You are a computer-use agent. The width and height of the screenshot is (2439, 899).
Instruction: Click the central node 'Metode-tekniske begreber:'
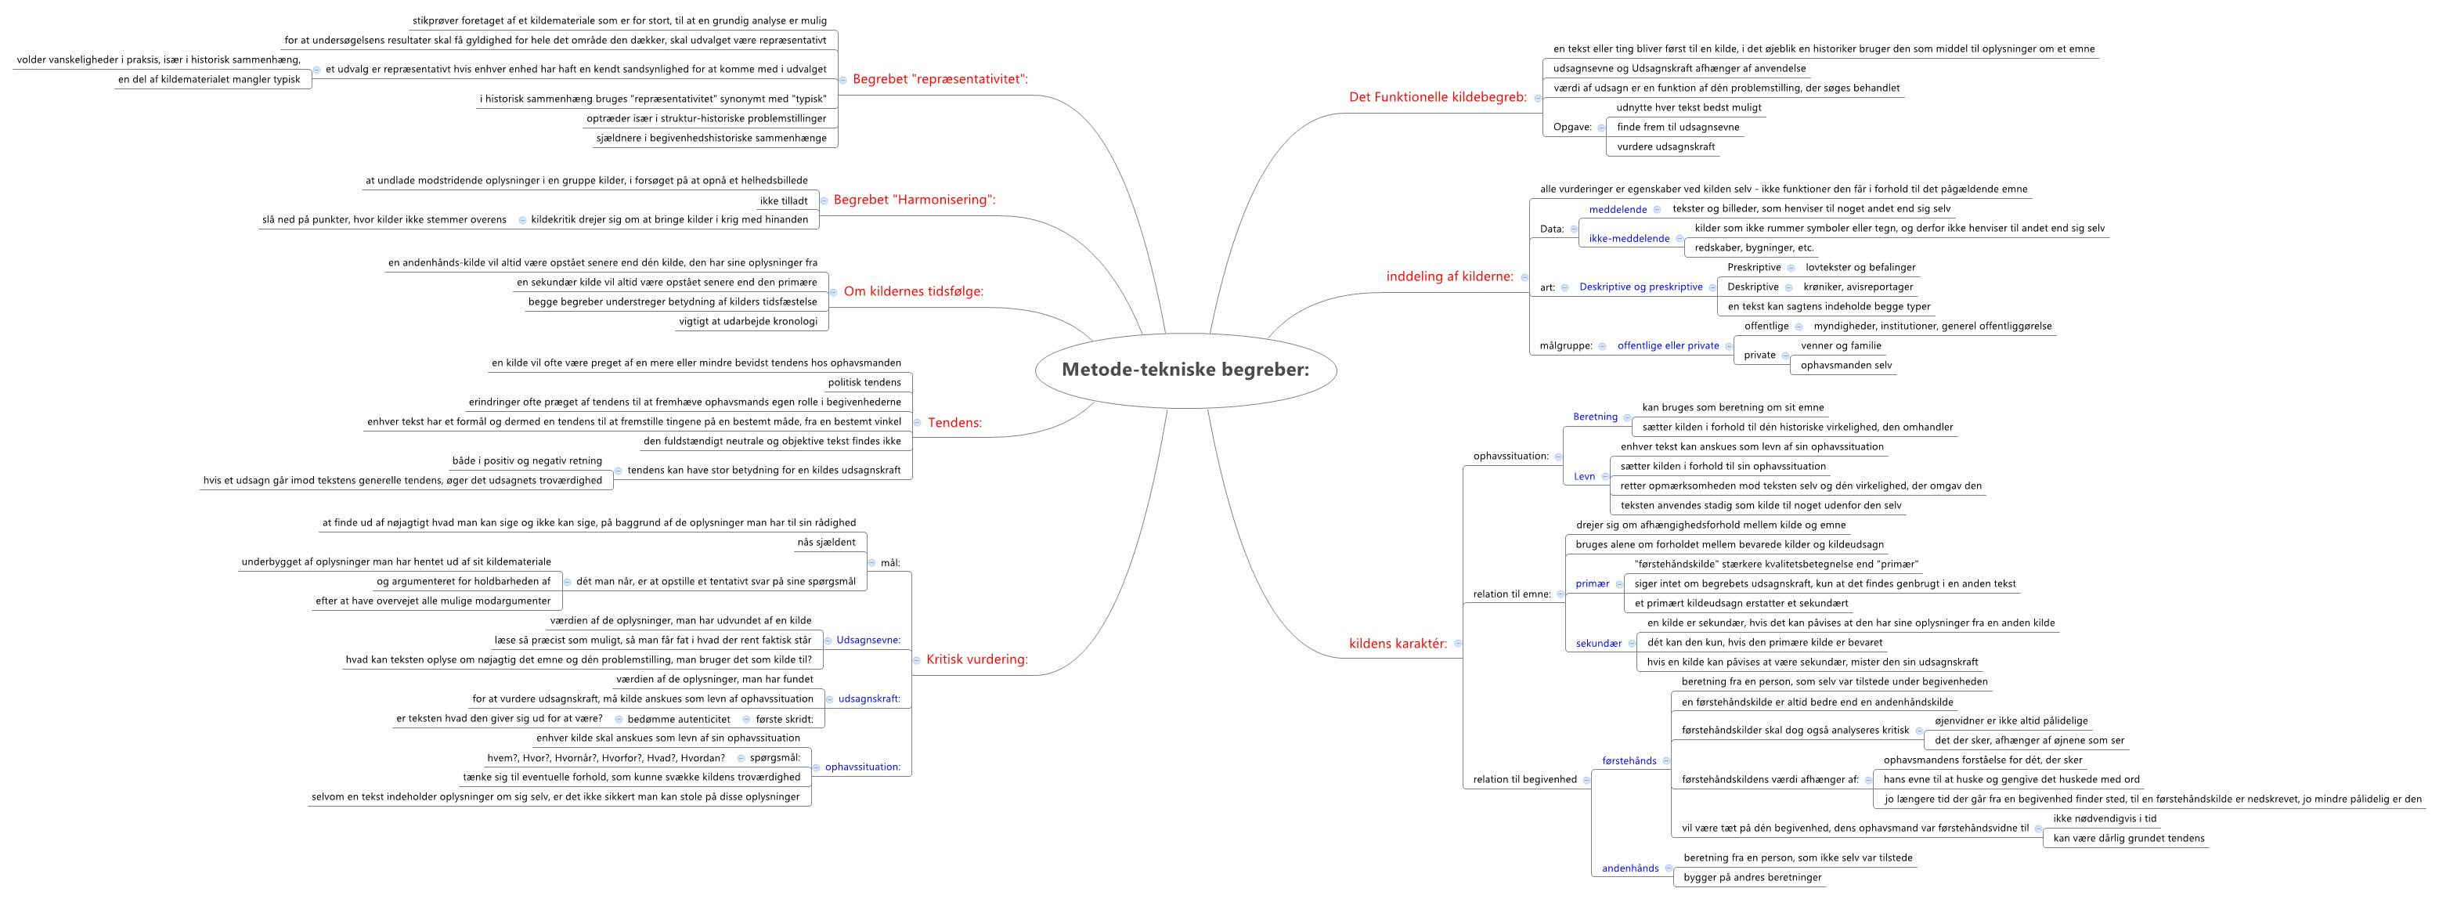pos(1185,370)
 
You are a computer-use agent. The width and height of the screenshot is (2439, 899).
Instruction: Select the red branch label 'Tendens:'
pos(954,423)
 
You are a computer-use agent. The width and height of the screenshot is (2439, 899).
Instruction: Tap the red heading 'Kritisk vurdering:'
pos(976,659)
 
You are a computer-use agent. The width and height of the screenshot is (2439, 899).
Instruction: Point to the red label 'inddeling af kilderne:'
pos(1449,276)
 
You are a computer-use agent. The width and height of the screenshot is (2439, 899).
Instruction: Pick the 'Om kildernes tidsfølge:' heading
pos(913,292)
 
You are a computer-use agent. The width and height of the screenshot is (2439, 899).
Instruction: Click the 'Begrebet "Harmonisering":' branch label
pos(914,200)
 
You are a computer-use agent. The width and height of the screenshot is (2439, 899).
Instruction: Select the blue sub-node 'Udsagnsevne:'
pos(868,641)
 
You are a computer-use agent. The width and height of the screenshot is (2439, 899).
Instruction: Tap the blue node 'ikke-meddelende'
pos(1629,239)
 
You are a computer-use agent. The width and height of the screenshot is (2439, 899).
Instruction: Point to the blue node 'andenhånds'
pos(1629,868)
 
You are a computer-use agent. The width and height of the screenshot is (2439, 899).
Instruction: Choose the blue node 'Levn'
pos(1584,476)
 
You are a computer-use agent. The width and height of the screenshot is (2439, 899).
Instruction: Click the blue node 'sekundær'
pos(1598,643)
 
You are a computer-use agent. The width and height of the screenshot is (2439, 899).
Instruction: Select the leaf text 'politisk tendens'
pos(864,383)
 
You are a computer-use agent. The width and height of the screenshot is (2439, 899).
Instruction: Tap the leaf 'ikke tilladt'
pos(783,200)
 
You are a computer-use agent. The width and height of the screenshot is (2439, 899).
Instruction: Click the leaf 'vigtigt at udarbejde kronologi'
pos(747,321)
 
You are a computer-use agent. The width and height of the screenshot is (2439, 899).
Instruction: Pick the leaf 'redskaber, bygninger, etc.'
pos(1741,248)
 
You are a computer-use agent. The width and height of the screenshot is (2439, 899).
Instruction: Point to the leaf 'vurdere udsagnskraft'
pos(1665,147)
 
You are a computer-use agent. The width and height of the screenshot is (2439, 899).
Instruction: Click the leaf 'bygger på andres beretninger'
pos(1752,877)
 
